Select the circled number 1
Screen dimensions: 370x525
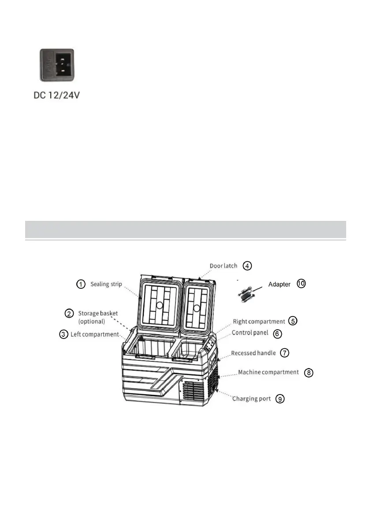click(x=81, y=284)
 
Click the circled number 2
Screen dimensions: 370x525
click(x=69, y=313)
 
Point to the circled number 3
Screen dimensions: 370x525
click(x=64, y=334)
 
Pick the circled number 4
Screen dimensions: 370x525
click(x=247, y=266)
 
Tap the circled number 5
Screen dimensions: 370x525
click(x=292, y=321)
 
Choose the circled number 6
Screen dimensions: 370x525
click(x=277, y=334)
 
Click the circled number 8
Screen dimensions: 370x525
click(x=309, y=372)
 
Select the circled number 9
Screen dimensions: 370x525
click(x=280, y=398)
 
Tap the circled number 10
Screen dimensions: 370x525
click(x=301, y=284)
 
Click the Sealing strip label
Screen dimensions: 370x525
click(x=106, y=284)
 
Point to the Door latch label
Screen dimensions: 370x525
click(x=223, y=266)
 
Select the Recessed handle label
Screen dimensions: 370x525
click(x=254, y=353)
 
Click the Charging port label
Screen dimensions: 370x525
click(x=251, y=398)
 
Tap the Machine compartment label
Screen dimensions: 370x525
click(x=269, y=372)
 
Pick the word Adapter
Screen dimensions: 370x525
click(x=279, y=284)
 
